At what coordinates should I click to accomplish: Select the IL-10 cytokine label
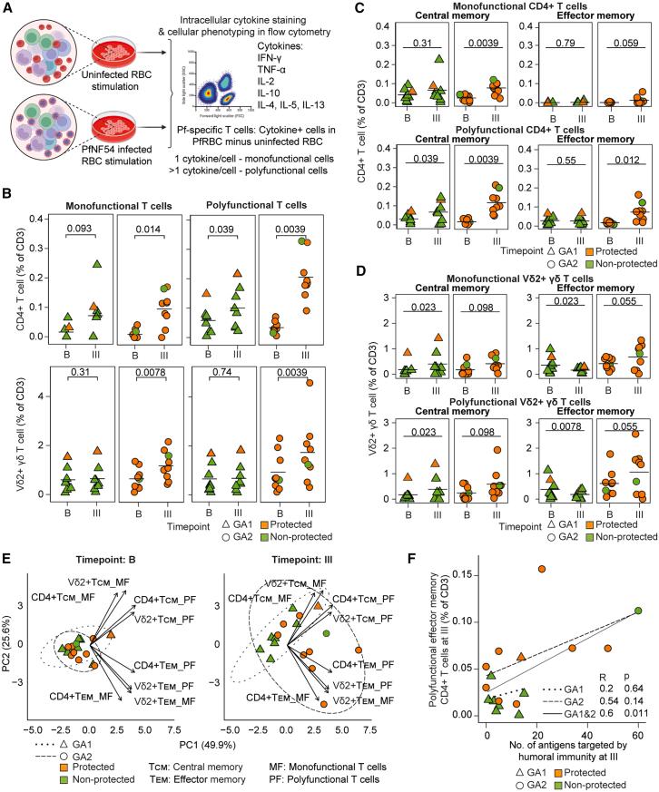pos(282,105)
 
